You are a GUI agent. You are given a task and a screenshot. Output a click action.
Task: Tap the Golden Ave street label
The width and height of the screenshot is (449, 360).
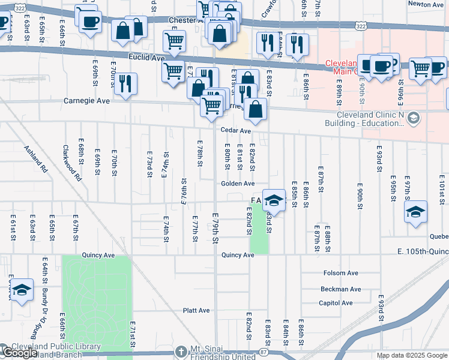click(x=238, y=184)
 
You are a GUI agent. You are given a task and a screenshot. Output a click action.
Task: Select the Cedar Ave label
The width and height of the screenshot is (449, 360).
click(x=235, y=130)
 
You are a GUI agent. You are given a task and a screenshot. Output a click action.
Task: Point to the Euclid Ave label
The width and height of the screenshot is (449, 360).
click(x=146, y=58)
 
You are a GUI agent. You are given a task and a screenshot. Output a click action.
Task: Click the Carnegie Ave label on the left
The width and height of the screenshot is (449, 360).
click(x=87, y=101)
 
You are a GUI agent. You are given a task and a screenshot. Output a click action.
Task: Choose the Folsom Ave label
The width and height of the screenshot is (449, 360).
click(x=340, y=273)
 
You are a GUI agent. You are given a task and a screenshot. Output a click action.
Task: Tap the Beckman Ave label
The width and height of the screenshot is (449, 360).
click(x=341, y=289)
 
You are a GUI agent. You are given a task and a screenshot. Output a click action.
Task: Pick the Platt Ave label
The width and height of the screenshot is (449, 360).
click(x=196, y=311)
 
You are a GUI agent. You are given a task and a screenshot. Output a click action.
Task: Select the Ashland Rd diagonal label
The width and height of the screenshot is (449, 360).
click(x=35, y=159)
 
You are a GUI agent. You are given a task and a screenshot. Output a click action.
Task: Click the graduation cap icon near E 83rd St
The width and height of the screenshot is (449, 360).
click(x=274, y=200)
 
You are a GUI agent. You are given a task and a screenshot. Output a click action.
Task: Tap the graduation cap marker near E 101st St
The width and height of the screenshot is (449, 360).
click(x=415, y=212)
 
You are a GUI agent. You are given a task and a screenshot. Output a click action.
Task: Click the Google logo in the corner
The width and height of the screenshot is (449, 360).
click(x=20, y=353)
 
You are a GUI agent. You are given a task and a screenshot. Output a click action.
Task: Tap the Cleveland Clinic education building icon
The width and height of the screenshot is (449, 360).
click(x=413, y=118)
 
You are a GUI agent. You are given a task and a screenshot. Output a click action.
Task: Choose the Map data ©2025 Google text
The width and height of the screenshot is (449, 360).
click(x=411, y=355)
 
